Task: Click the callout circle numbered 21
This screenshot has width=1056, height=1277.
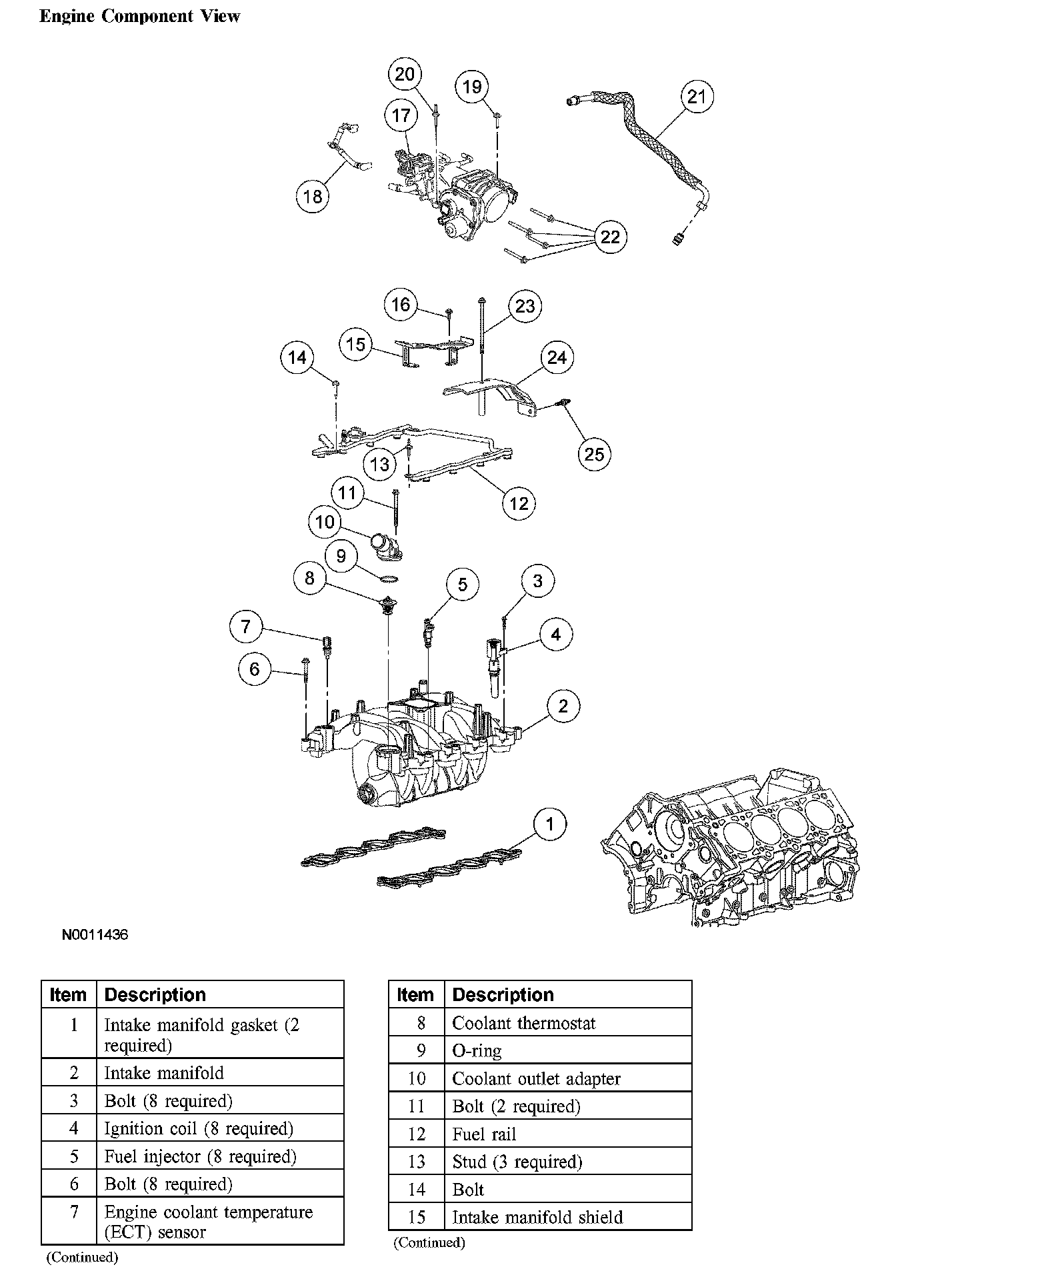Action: point(697,97)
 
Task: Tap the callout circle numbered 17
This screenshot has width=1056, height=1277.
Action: point(401,115)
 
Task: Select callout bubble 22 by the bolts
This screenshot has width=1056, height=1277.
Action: point(610,237)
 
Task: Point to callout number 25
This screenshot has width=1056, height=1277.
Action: point(594,455)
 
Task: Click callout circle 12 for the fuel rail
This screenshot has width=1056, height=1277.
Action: point(519,504)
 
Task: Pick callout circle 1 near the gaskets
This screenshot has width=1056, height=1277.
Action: point(550,824)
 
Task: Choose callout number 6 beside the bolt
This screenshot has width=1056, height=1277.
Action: point(254,668)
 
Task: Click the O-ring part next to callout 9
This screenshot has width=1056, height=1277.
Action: point(389,578)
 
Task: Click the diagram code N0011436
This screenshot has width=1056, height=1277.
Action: point(95,934)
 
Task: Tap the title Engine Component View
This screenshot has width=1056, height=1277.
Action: point(140,17)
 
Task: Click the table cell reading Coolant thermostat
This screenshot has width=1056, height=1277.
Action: point(524,1023)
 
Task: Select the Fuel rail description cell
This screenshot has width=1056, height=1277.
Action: point(484,1134)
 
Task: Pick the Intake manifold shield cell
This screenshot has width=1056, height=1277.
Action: point(537,1218)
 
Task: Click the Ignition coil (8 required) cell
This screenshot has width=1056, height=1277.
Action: point(199,1128)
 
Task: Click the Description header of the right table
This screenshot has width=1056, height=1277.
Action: point(503,994)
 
